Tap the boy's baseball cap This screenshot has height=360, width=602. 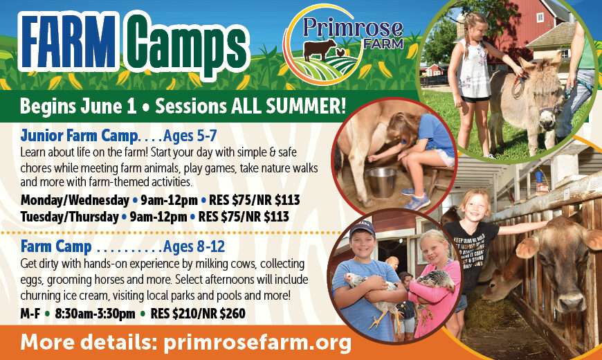pyautogui.click(x=361, y=228)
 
